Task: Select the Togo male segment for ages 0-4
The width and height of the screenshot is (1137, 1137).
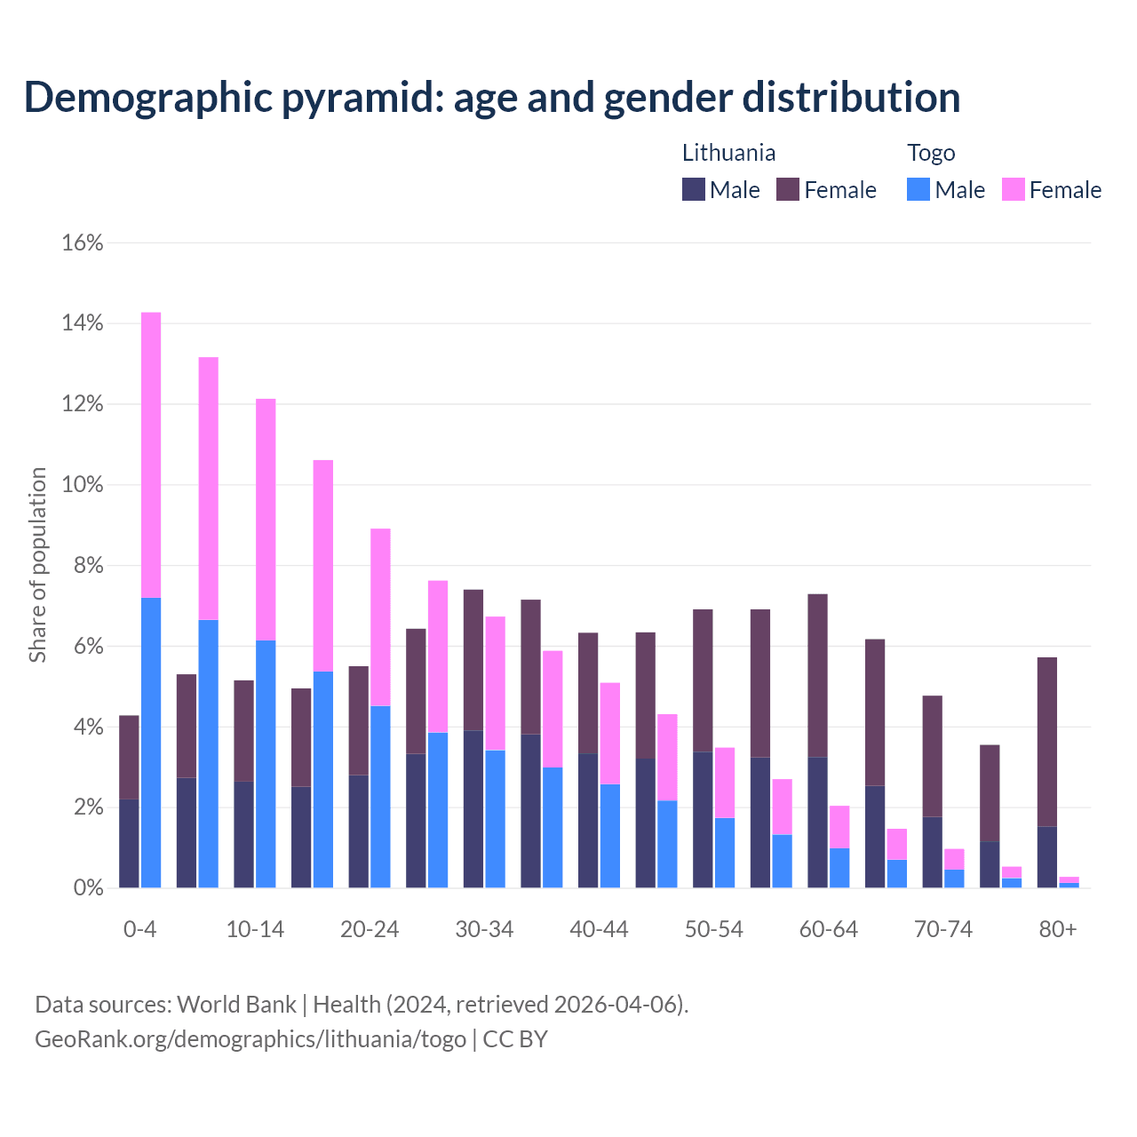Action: click(151, 743)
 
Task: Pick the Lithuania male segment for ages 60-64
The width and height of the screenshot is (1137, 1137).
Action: click(817, 822)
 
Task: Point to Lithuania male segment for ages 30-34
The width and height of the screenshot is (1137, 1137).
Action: click(473, 808)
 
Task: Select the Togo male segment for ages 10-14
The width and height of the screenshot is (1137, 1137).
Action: click(266, 764)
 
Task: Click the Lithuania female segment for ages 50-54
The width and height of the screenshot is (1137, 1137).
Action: click(703, 680)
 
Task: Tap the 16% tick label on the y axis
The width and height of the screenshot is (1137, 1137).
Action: click(83, 243)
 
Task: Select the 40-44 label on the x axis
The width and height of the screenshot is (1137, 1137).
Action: click(599, 930)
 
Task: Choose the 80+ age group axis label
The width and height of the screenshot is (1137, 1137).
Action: click(1058, 930)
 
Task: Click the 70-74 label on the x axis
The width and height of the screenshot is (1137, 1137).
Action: click(943, 930)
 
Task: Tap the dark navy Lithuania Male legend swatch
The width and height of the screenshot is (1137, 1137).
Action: click(694, 189)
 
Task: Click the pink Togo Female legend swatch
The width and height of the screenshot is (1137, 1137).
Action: click(1014, 189)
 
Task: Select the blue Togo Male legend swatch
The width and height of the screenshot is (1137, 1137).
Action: click(918, 189)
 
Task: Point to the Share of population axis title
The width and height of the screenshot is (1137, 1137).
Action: click(38, 565)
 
